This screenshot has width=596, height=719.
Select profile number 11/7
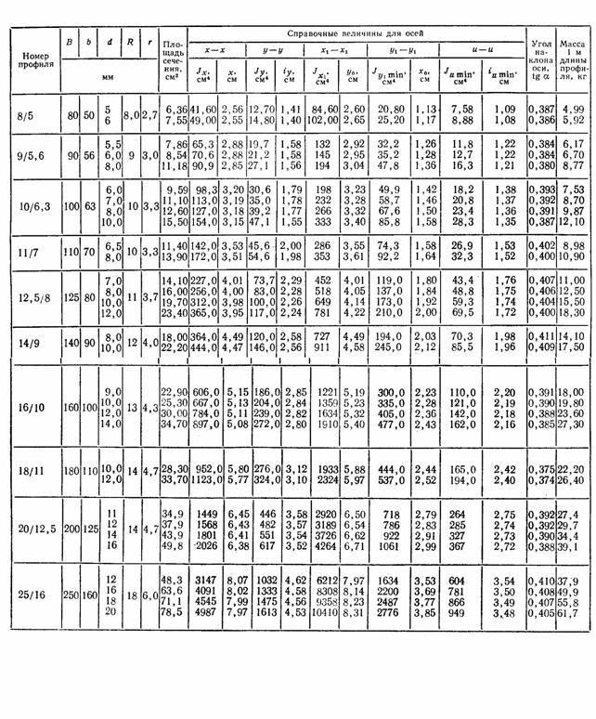click(30, 248)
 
